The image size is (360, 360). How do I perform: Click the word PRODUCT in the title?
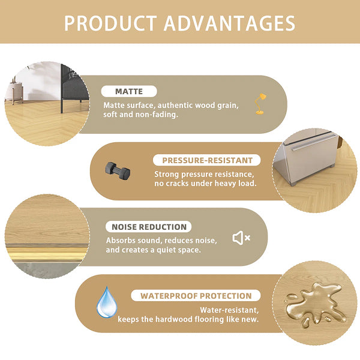tap(110, 23)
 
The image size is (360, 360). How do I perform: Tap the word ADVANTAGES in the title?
tap(230, 23)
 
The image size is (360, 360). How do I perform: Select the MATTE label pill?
tap(129, 92)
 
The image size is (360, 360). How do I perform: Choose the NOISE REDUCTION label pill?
tap(149, 227)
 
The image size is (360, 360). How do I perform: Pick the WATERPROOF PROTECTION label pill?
tap(196, 296)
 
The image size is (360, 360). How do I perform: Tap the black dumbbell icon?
tap(118, 170)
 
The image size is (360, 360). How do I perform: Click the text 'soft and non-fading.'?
tap(140, 115)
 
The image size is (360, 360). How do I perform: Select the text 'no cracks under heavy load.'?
tap(206, 182)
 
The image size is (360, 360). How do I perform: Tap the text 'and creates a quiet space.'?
tap(153, 250)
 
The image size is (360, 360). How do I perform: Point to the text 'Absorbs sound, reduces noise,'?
tap(161, 240)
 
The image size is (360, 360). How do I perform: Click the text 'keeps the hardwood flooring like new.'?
tap(188, 319)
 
